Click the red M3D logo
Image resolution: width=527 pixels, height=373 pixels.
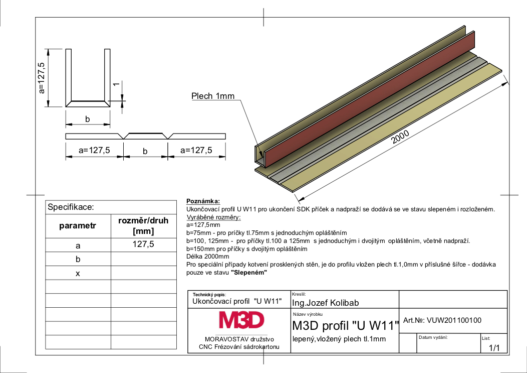click(241, 320)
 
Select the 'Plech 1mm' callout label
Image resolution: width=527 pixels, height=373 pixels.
click(213, 96)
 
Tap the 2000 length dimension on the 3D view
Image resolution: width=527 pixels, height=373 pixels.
click(400, 137)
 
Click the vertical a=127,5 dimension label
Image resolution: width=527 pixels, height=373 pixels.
click(42, 78)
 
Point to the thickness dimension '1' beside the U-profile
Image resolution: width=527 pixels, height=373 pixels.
click(116, 84)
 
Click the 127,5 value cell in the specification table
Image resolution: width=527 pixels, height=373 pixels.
click(143, 244)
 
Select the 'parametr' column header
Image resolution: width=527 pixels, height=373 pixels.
click(78, 226)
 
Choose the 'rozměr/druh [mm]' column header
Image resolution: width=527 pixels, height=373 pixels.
click(143, 226)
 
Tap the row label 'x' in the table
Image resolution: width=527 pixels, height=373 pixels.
click(78, 273)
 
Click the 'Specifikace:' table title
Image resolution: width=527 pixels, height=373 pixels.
click(71, 207)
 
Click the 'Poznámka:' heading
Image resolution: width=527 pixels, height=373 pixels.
click(203, 201)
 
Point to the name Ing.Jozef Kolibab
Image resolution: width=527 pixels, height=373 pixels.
click(325, 303)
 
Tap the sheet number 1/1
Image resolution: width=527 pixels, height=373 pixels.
click(494, 348)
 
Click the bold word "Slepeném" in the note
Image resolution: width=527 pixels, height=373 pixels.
click(249, 272)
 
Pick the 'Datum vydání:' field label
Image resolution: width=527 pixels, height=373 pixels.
click(433, 337)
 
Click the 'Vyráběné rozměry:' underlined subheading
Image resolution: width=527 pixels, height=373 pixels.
click(214, 217)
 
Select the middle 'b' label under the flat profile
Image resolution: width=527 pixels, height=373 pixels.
click(145, 151)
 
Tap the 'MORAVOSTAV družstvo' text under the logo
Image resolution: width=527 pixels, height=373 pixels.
click(239, 339)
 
